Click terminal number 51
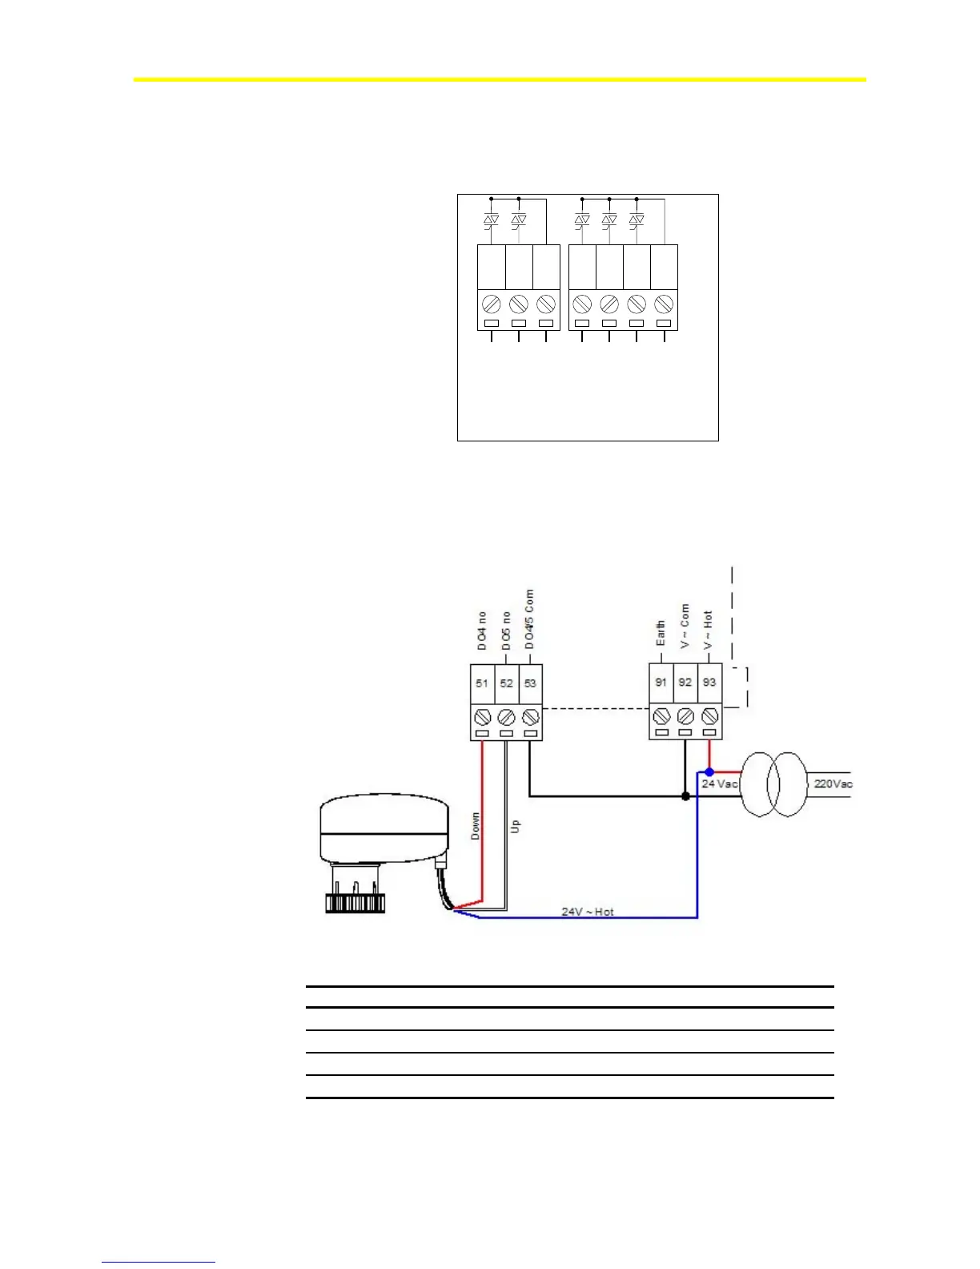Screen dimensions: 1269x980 (x=482, y=683)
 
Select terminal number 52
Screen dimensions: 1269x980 (x=506, y=683)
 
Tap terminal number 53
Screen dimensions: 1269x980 (x=530, y=683)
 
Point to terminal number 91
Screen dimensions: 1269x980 (x=661, y=683)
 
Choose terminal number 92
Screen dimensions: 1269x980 (x=685, y=683)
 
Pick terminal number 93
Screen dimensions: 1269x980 (x=709, y=683)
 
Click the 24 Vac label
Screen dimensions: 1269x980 (x=719, y=784)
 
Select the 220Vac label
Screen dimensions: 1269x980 (x=833, y=784)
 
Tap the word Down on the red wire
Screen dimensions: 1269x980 (x=476, y=826)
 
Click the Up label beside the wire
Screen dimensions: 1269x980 (x=516, y=826)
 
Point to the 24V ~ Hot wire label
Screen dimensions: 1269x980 (x=587, y=912)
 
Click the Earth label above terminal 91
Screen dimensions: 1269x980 (x=661, y=633)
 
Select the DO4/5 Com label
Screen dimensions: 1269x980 (x=529, y=620)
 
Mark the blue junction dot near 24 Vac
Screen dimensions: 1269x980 (x=709, y=771)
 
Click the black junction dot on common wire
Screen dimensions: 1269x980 (x=685, y=796)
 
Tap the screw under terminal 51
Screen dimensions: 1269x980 (x=482, y=715)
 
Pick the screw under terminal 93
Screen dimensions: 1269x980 (x=709, y=715)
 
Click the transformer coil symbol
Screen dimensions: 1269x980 (x=773, y=784)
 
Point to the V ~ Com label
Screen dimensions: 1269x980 (x=685, y=626)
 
